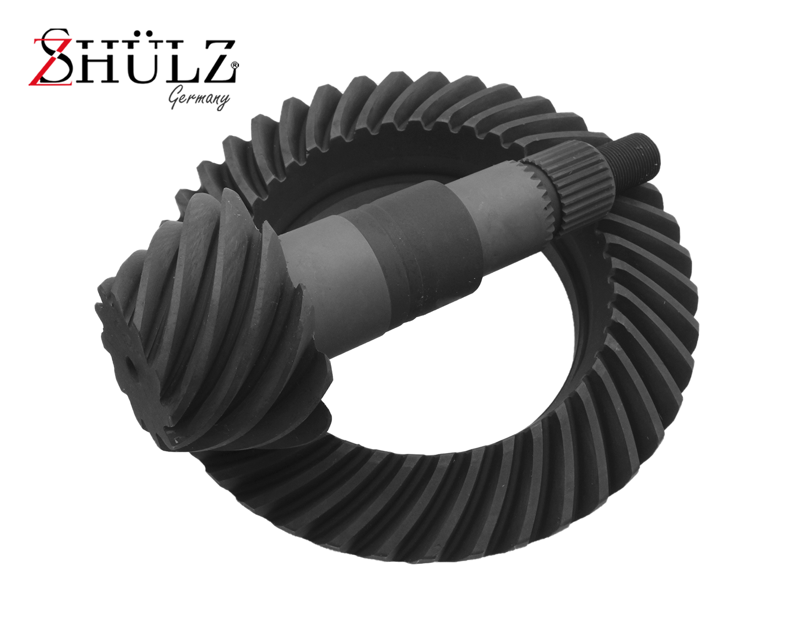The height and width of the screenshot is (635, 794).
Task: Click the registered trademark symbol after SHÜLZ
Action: tap(235, 65)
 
